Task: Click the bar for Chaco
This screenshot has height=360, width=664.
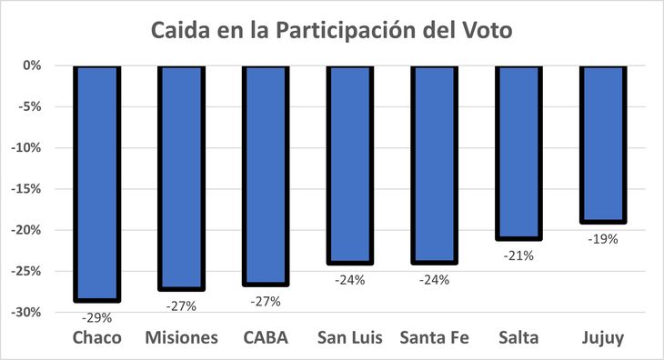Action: [96, 183]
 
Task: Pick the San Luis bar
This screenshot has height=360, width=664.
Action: [350, 165]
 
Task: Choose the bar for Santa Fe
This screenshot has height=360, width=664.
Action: [434, 165]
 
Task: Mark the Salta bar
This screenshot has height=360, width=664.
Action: [518, 152]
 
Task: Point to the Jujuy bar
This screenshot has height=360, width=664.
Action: [603, 144]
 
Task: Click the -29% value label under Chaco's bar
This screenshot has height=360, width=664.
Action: [96, 317]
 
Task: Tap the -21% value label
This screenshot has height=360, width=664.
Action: [518, 255]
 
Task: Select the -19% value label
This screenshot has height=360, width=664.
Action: [603, 239]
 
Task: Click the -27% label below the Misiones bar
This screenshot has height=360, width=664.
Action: [181, 305]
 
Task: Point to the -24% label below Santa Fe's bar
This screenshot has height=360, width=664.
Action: [434, 280]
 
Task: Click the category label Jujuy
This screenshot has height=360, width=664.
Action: [603, 338]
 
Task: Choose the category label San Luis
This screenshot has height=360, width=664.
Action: [350, 338]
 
